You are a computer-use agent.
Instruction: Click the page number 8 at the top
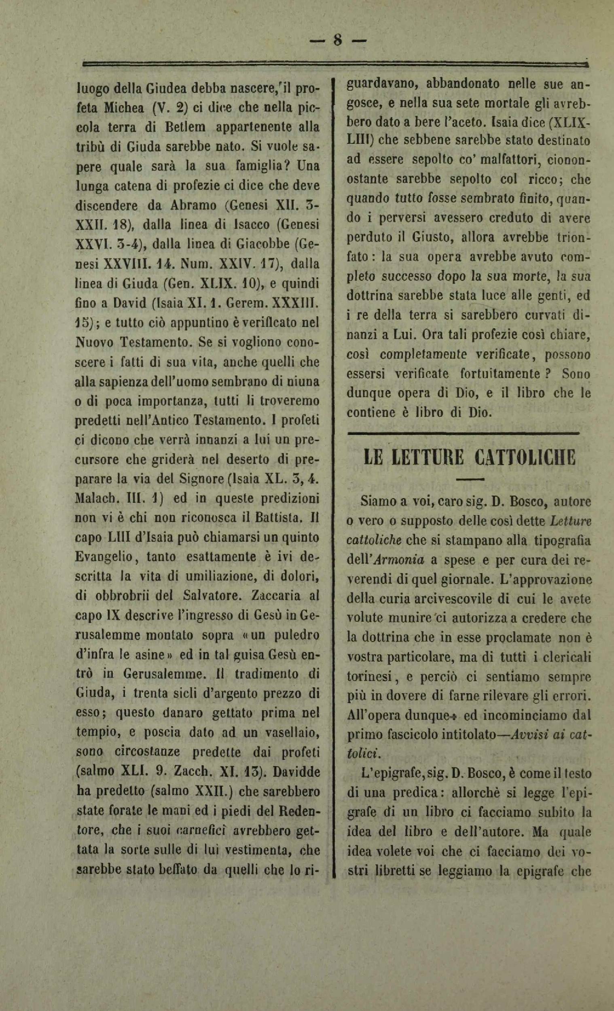[x=337, y=40]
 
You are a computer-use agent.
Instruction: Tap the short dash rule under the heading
[x=470, y=479]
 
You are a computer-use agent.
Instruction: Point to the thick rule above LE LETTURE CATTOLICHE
[x=463, y=433]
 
